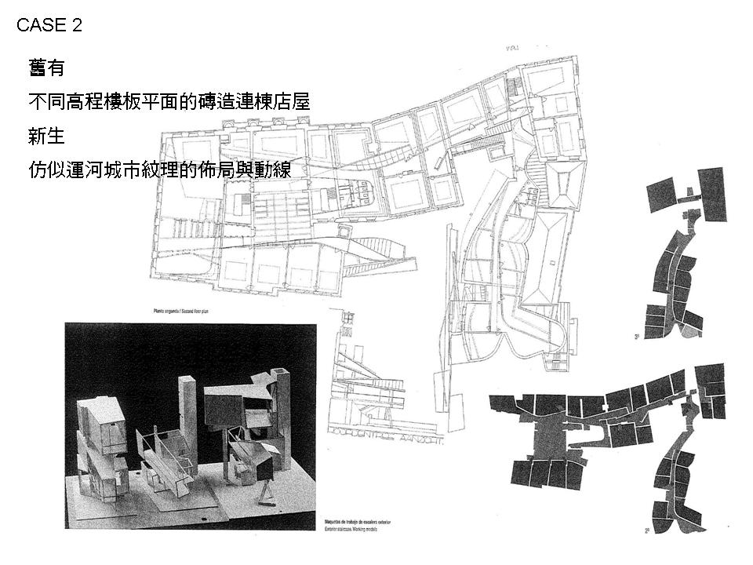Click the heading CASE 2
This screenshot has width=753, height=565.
49,25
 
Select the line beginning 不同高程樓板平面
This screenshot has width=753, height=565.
169,102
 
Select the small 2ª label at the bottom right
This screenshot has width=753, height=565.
647,530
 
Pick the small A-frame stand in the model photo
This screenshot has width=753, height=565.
268,494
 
